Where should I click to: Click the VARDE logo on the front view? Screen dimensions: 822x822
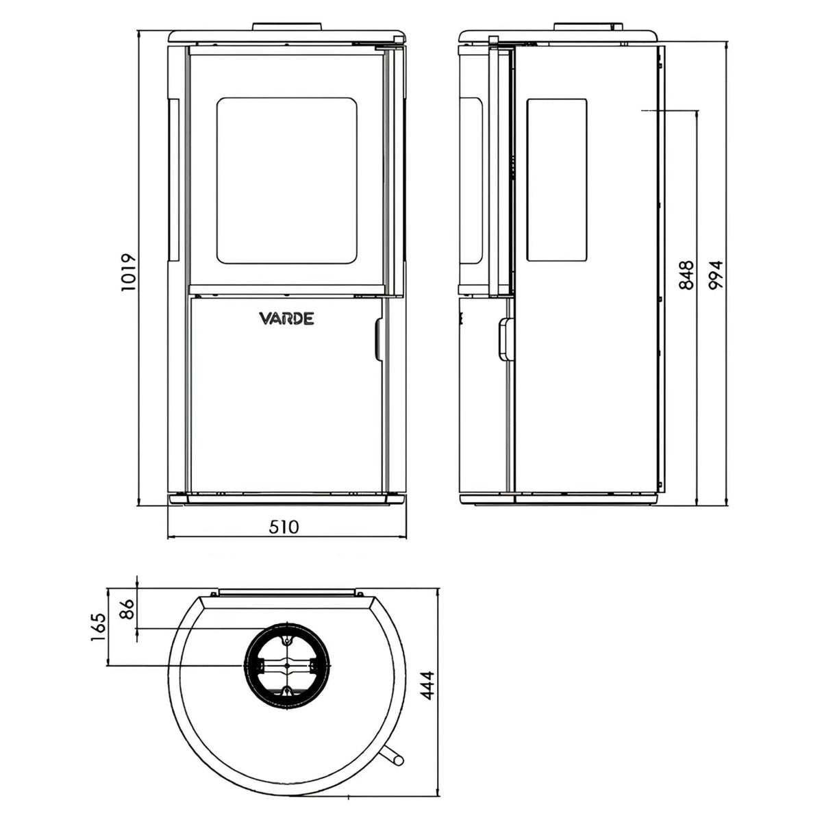tap(286, 319)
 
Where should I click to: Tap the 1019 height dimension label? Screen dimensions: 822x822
tap(128, 273)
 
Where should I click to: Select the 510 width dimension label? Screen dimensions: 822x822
tap(284, 527)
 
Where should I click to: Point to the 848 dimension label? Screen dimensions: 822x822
tap(686, 275)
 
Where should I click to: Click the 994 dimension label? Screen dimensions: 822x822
tap(716, 275)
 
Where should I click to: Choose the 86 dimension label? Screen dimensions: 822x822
tap(127, 609)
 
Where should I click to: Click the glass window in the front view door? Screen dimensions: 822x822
tap(286, 180)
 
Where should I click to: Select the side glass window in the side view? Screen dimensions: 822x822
tap(557, 180)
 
